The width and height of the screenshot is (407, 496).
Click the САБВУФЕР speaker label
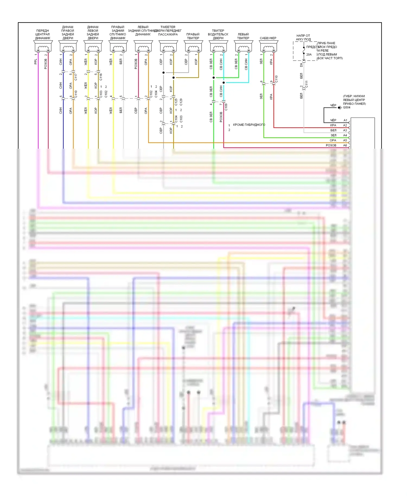click(268, 38)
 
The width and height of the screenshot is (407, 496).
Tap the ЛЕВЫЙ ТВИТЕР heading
click(243, 36)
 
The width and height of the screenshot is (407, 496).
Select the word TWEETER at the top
click(168, 27)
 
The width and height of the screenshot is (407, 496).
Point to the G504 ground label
click(346, 107)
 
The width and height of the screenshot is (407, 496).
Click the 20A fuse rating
click(309, 55)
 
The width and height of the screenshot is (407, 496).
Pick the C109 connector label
click(226, 107)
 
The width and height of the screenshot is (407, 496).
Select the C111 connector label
click(307, 84)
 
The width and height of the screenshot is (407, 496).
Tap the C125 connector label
click(176, 102)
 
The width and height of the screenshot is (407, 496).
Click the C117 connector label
click(76, 77)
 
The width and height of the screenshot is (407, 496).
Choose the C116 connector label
click(101, 77)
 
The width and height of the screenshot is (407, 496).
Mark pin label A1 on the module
click(345, 120)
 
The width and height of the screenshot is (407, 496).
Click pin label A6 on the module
click(345, 145)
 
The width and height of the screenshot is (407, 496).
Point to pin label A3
click(345, 130)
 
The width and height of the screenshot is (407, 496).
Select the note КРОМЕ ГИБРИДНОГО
click(249, 125)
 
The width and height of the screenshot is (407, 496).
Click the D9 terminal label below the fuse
click(301, 65)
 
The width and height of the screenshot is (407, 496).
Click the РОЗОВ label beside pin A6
click(331, 145)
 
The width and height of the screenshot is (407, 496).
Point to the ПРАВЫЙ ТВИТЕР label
click(193, 36)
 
